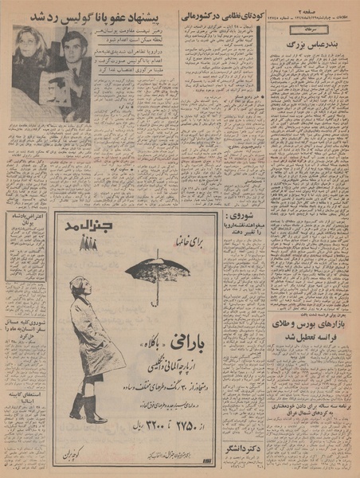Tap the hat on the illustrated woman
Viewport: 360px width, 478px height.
pyautogui.click(x=78, y=283)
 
